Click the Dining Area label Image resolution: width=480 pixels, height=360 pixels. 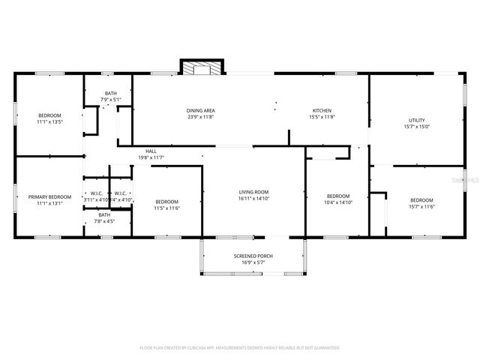(x=200, y=111)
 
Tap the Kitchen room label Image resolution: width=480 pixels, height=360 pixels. (x=322, y=111)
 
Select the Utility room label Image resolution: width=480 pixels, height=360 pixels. (x=416, y=121)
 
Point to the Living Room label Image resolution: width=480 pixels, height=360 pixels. (x=253, y=192)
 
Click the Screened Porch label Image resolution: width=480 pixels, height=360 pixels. (x=253, y=256)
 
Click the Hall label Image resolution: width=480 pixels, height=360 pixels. (x=151, y=151)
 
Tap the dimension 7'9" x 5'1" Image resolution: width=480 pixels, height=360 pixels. (x=111, y=100)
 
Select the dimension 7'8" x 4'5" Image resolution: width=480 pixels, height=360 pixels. (x=104, y=221)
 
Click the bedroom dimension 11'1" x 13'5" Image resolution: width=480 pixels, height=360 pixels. (x=49, y=121)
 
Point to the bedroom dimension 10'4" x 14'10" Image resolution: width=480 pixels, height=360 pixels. (x=337, y=202)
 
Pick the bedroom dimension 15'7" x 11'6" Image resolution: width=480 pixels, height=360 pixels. (x=421, y=206)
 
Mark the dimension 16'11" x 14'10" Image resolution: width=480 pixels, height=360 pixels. (x=253, y=199)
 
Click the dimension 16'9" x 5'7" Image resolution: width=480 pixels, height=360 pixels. (x=253, y=263)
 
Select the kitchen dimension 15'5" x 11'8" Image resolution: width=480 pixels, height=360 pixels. (x=322, y=118)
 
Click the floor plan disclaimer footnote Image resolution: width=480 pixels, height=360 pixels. (x=240, y=348)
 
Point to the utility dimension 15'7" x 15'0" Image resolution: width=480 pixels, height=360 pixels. (x=416, y=127)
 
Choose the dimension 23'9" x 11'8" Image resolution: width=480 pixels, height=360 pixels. (x=200, y=118)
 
